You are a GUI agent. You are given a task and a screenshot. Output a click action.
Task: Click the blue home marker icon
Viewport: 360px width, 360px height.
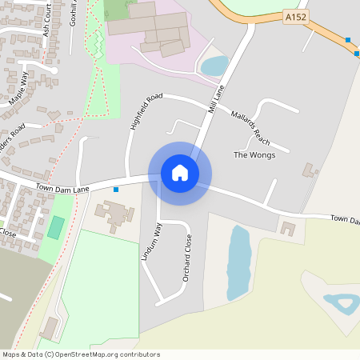180,173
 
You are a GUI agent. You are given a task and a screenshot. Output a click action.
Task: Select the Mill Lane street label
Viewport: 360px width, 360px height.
214,98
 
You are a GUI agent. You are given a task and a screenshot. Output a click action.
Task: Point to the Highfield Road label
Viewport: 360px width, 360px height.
145,111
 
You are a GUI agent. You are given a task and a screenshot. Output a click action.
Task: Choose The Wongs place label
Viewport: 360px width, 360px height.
254,155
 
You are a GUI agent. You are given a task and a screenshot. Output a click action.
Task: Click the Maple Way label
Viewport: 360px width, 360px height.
18,89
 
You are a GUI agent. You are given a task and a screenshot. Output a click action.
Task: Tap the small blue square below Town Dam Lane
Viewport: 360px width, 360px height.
117,190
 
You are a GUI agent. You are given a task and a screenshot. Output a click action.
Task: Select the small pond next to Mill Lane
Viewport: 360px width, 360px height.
214,65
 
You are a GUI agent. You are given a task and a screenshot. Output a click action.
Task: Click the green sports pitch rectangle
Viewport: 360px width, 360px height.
55,226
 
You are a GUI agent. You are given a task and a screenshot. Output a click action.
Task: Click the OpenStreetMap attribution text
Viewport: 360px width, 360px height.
81,354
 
